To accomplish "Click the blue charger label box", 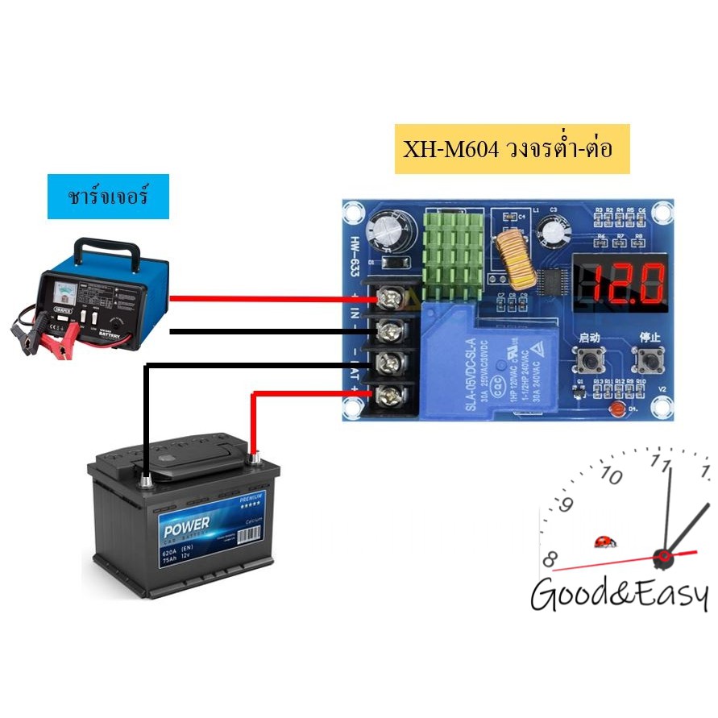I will click(x=108, y=196).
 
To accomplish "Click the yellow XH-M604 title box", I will click(x=512, y=148).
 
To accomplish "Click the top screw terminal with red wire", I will click(x=391, y=300).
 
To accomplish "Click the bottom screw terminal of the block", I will click(x=391, y=394).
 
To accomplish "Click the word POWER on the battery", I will click(x=187, y=530).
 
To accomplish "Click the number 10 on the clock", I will click(x=612, y=476).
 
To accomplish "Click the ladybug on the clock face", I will click(x=601, y=541).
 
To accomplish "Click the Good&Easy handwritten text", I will click(x=619, y=596).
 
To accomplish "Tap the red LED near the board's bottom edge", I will click(x=618, y=410).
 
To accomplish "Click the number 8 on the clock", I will click(x=551, y=558).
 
